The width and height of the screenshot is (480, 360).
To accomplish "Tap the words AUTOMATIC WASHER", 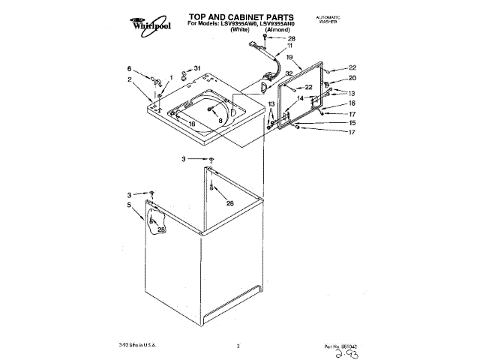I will [329, 19].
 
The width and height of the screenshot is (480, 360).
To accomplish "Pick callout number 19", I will [289, 58].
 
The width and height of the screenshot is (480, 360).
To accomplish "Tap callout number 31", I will [197, 68].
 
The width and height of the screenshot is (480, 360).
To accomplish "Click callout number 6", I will [129, 68].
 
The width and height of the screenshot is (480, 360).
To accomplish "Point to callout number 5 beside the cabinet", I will [129, 205].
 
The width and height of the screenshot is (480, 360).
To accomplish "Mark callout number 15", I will [352, 123].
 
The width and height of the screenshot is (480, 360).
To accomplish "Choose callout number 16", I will [352, 103].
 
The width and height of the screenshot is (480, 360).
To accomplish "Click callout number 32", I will [288, 73].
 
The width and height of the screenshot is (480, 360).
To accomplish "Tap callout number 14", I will [299, 98].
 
